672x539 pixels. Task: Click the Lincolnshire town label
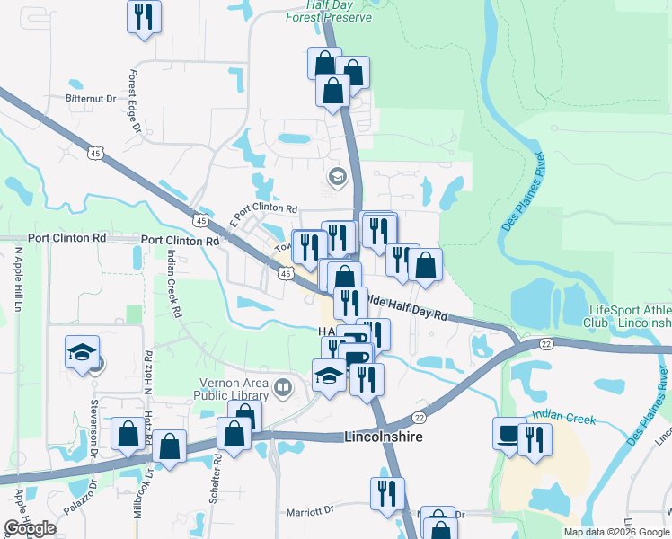click(x=385, y=437)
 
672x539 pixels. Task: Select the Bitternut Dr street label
click(x=91, y=98)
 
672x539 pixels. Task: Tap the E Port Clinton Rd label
click(x=263, y=208)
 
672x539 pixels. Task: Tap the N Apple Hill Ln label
click(x=17, y=278)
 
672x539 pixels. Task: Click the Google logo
click(x=31, y=528)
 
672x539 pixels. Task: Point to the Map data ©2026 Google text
click(x=616, y=532)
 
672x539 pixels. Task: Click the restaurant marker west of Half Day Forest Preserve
click(x=144, y=15)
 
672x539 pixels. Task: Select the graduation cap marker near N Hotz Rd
click(x=82, y=352)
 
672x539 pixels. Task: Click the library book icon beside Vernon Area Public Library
click(x=283, y=388)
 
